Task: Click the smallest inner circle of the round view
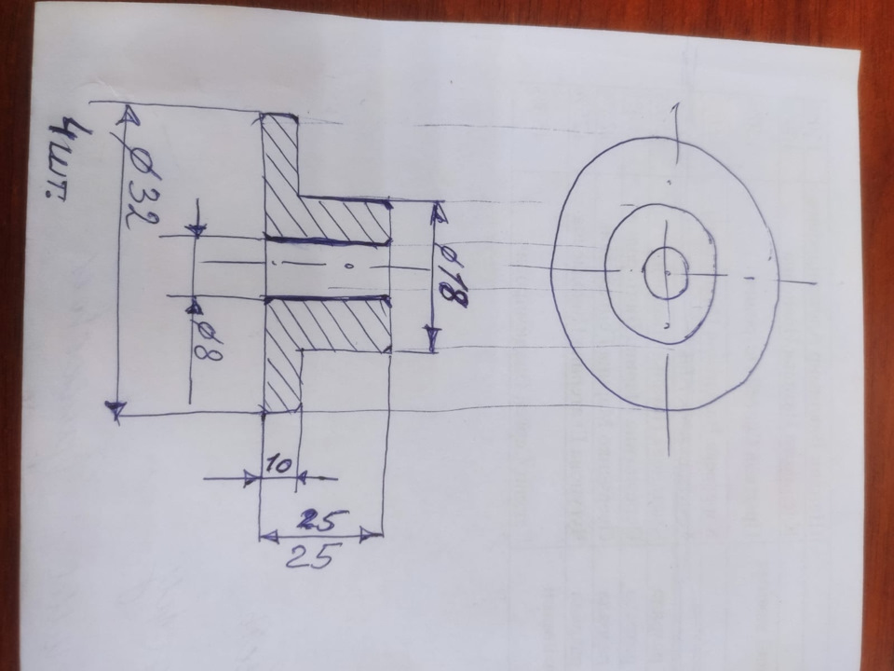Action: (x=667, y=273)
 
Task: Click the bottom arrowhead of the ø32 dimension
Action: (x=115, y=408)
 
